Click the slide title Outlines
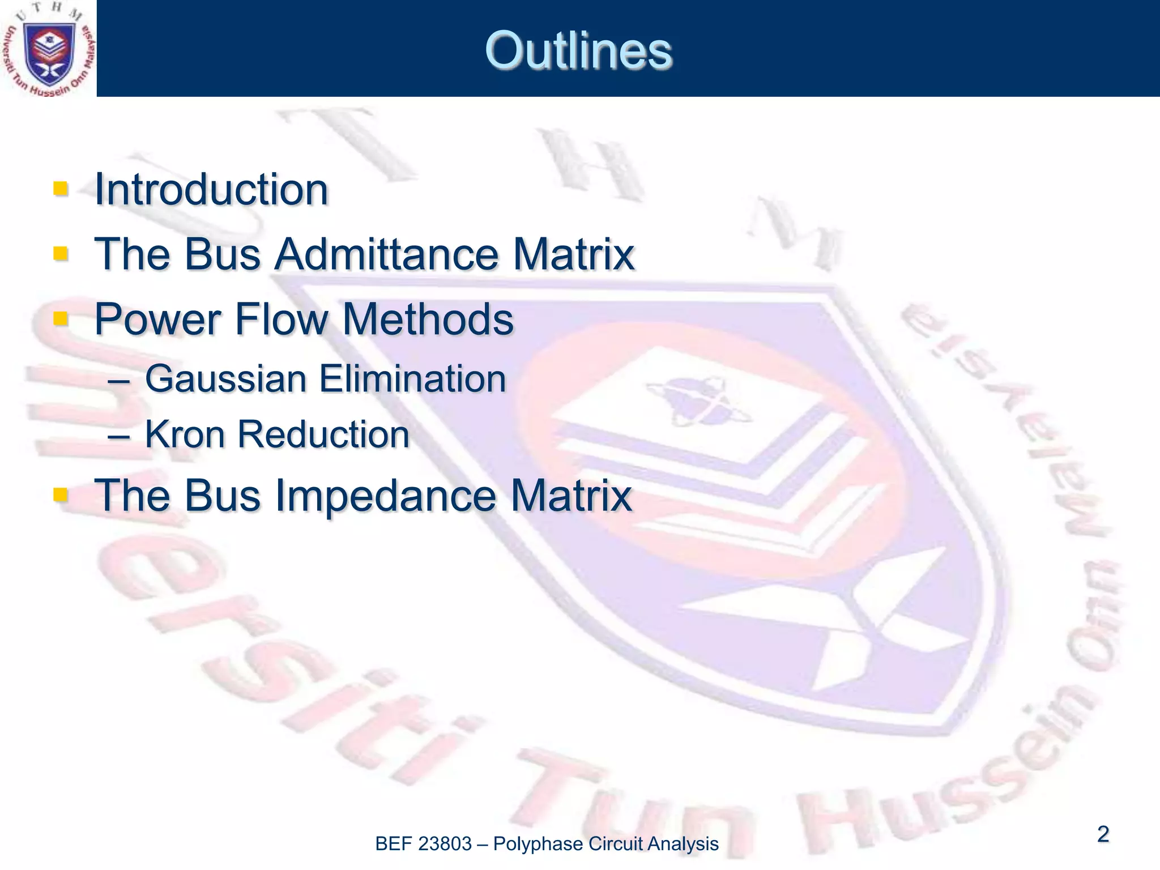pyautogui.click(x=578, y=51)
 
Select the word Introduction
pyautogui.click(x=211, y=189)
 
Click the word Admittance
pyautogui.click(x=386, y=254)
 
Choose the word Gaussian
pyautogui.click(x=226, y=378)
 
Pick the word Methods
pyautogui.click(x=428, y=319)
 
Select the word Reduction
pyautogui.click(x=323, y=434)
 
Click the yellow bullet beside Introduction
pyautogui.click(x=60, y=188)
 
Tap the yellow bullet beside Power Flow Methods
pyautogui.click(x=60, y=318)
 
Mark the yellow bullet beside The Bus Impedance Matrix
pyautogui.click(x=60, y=495)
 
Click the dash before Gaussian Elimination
pyautogui.click(x=118, y=381)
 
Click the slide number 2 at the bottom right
pyautogui.click(x=1103, y=834)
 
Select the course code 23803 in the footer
pyautogui.click(x=445, y=844)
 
